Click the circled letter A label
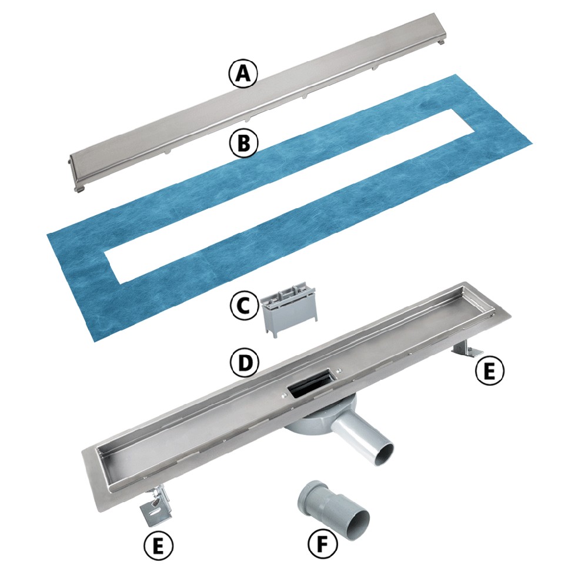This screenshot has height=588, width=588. click(243, 74)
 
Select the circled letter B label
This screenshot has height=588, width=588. click(244, 143)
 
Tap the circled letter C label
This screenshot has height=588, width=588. click(244, 306)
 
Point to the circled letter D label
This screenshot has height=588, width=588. click(244, 363)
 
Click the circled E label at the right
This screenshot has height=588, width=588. click(489, 370)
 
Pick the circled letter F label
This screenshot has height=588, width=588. click(322, 543)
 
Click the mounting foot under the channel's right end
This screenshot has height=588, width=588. click(467, 348)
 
